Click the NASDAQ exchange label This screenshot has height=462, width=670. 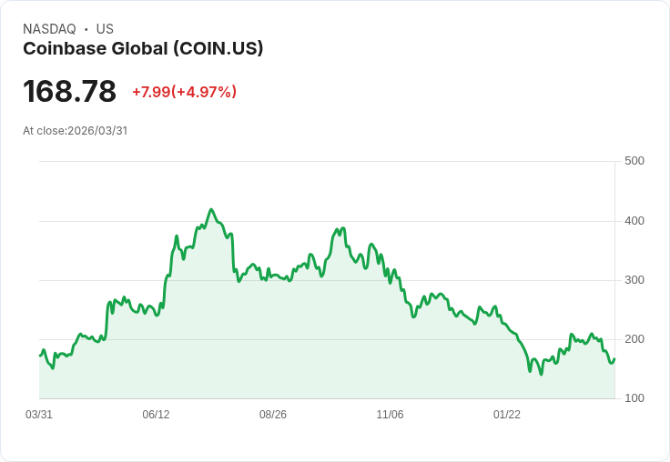[x=49, y=29]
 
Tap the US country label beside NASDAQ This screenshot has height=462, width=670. [x=105, y=29]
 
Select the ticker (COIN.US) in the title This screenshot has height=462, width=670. [x=218, y=48]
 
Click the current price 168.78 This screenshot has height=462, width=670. [x=69, y=91]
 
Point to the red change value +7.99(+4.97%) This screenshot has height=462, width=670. [x=184, y=92]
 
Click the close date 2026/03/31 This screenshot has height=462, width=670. [x=97, y=131]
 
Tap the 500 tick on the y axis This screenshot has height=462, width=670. [x=634, y=161]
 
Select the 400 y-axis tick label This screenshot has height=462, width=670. [x=634, y=221]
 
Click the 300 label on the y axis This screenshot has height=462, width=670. [x=634, y=280]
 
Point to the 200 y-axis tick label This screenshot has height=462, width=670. [x=634, y=339]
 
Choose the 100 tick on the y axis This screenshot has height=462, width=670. [x=634, y=398]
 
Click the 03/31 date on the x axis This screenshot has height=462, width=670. [x=39, y=415]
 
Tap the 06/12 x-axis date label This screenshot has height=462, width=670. [x=156, y=415]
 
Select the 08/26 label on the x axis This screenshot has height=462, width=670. [x=273, y=415]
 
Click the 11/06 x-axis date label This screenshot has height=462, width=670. [x=390, y=415]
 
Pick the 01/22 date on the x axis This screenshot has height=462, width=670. [x=507, y=415]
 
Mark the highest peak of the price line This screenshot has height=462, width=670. [x=211, y=209]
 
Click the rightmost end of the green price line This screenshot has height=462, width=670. [x=614, y=358]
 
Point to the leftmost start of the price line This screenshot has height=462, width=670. [x=40, y=355]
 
